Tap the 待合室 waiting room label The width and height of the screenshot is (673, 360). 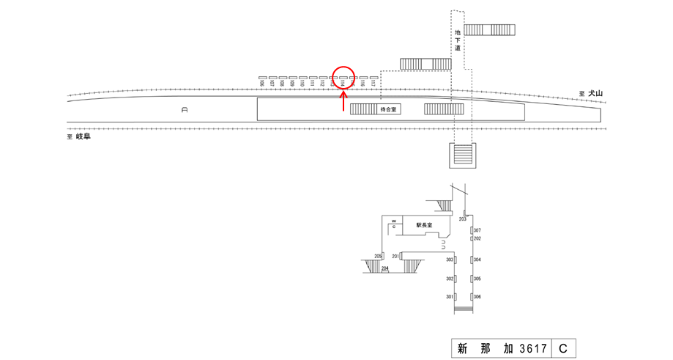[x=387, y=109]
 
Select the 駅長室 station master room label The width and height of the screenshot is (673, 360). [x=424, y=225]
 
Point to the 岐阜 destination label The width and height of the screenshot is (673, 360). [x=81, y=136]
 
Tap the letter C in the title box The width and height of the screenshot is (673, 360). [x=563, y=348]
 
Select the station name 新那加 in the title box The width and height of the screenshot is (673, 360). [x=484, y=348]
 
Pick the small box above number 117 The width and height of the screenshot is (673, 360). [x=373, y=77]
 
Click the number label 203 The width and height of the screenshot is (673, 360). [x=463, y=219]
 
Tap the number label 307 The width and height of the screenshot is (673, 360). [x=477, y=230]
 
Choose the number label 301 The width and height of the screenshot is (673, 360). [x=450, y=296]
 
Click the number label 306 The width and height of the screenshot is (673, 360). [x=477, y=296]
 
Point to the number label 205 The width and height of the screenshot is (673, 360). [x=378, y=256]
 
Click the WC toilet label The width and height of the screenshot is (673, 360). [x=393, y=224]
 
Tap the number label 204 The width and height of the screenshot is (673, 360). [x=384, y=268]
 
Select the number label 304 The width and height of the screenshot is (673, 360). [x=477, y=260]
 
